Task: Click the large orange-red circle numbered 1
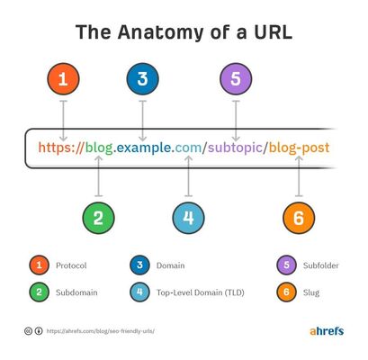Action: coord(63,79)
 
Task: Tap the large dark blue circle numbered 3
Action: coord(142,79)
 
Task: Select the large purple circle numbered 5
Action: coord(236,79)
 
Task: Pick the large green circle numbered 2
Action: coord(98,218)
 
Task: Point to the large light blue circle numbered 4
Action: coord(188,218)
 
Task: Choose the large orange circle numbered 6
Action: coord(299,218)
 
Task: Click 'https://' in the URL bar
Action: coord(61,148)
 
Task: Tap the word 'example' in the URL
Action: coord(144,148)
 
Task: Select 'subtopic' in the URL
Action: coord(235,148)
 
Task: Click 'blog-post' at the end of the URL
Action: coord(299,148)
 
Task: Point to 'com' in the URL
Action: coord(188,148)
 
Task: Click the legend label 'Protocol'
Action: coord(71,265)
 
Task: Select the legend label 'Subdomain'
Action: coord(76,292)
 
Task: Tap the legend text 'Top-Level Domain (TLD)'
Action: coord(201,292)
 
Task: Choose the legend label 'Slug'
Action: coord(311,292)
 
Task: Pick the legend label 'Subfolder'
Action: coord(321,265)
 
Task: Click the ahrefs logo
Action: coord(327,331)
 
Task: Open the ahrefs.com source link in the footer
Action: coord(101,331)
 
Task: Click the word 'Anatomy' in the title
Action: coord(160,32)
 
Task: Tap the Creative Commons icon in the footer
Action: coord(28,331)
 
